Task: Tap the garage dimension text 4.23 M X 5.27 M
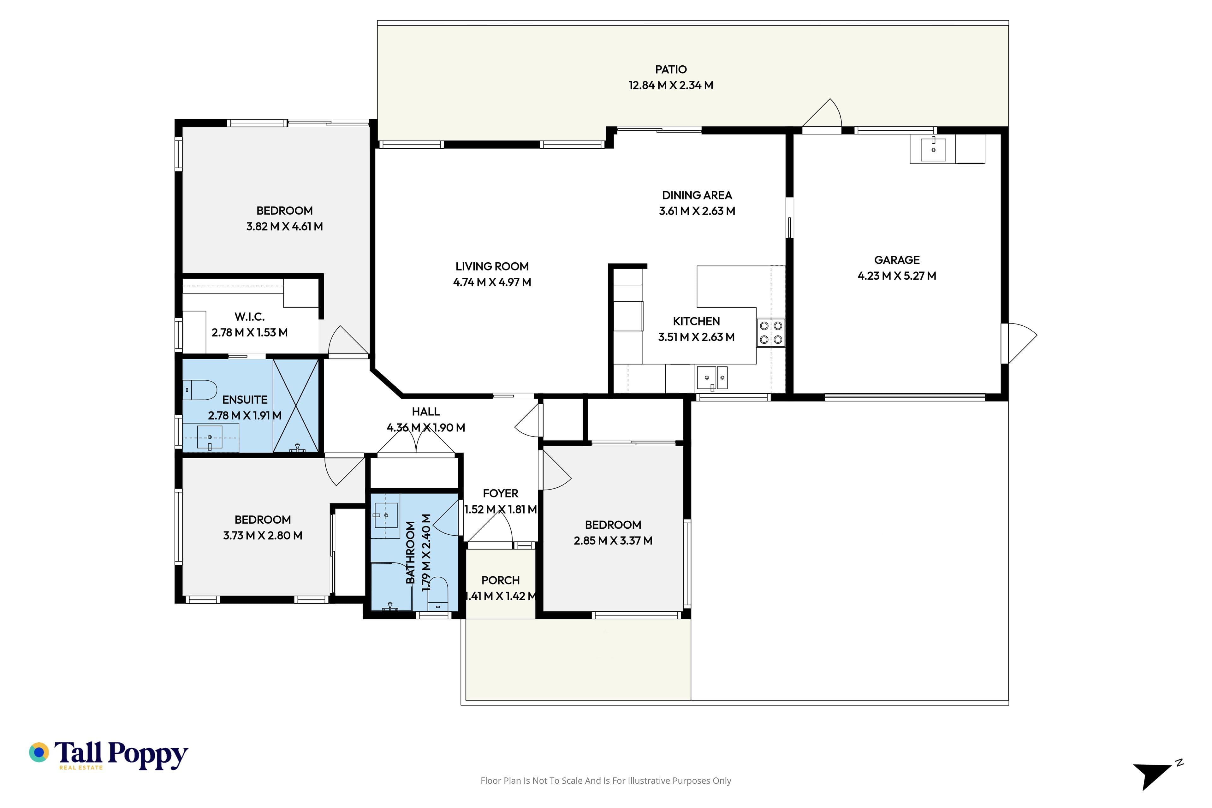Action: pyautogui.click(x=897, y=276)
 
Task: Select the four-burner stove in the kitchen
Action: pyautogui.click(x=771, y=332)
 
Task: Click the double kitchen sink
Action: pyautogui.click(x=712, y=378)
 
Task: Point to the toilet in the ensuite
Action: pyautogui.click(x=200, y=390)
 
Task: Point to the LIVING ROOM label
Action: pyautogui.click(x=492, y=266)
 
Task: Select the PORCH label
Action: pyautogui.click(x=500, y=580)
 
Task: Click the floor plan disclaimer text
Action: pyautogui.click(x=605, y=781)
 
